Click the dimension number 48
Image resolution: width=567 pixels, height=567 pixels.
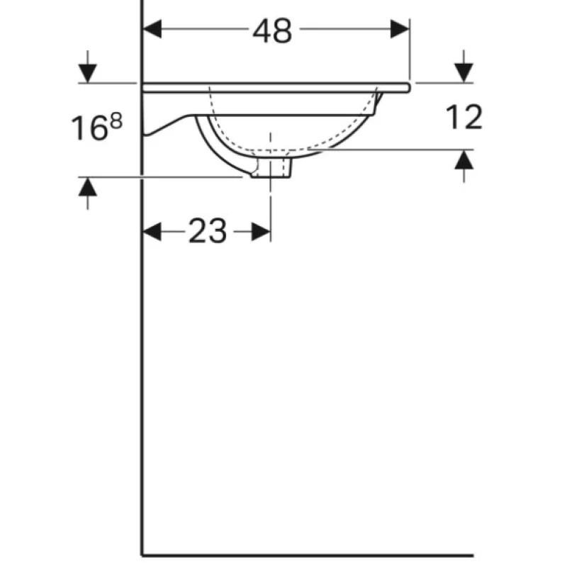272,31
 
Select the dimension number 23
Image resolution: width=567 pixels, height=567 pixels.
208,231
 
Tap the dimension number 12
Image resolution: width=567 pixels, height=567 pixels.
464,116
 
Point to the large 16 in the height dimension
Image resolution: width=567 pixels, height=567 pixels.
89,128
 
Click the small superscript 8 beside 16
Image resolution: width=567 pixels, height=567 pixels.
116,120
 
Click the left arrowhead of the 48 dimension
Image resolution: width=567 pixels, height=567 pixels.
152,29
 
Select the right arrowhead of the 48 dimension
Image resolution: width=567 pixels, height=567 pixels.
400,29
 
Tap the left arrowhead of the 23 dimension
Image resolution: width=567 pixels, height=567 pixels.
152,232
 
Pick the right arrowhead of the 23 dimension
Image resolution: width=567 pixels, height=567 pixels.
261,232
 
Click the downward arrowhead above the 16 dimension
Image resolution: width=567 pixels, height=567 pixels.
87,74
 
